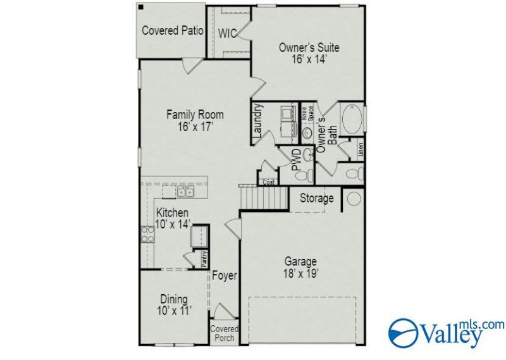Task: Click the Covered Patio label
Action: tap(173, 30)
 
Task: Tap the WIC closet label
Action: tap(227, 34)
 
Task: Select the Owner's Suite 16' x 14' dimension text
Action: tap(309, 59)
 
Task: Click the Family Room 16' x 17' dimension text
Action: tap(195, 127)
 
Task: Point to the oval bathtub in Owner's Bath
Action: tap(352, 119)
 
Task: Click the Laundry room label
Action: tap(258, 120)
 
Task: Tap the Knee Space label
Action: tap(307, 113)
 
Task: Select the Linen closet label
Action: tap(361, 149)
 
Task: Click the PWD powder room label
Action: tap(296, 159)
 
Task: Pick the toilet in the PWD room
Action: tap(304, 176)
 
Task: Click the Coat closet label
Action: tap(268, 182)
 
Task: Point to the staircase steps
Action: tap(264, 197)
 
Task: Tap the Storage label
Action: tap(317, 198)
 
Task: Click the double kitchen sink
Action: tap(185, 192)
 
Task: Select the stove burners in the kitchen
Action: tap(148, 234)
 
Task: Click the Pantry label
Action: tap(204, 259)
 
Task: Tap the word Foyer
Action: tap(225, 276)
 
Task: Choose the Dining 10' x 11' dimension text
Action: tap(175, 311)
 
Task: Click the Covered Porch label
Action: tap(225, 333)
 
